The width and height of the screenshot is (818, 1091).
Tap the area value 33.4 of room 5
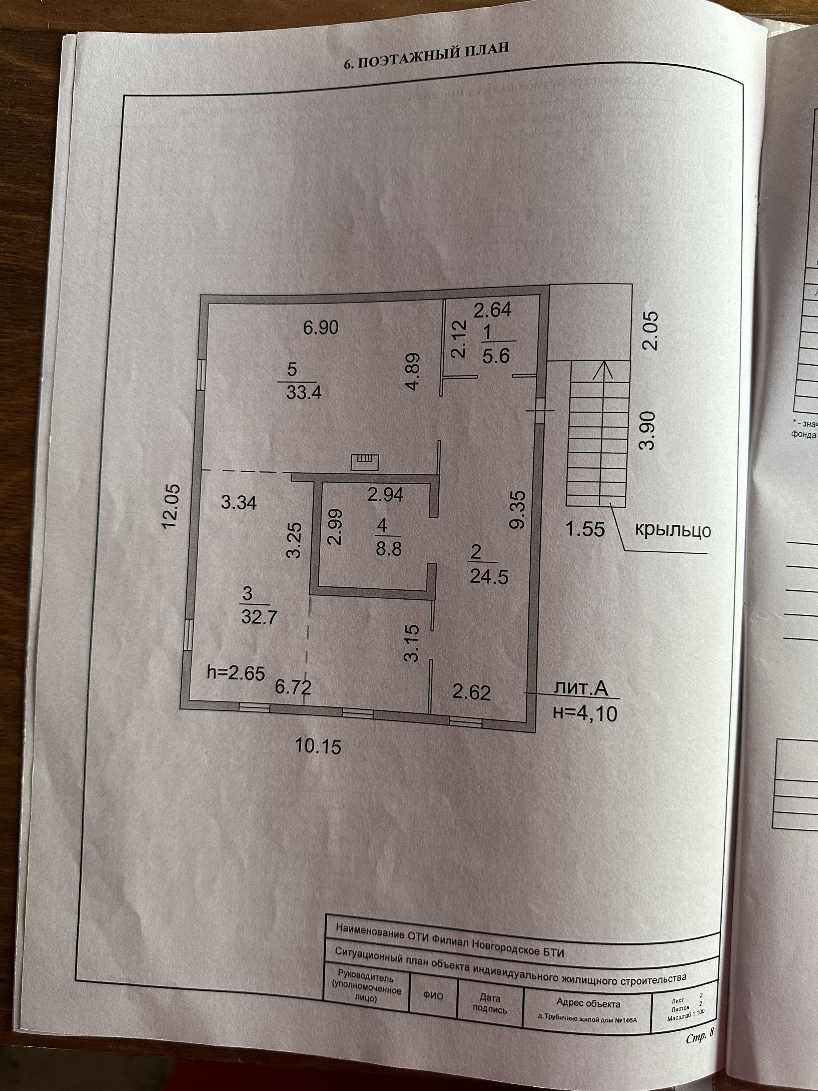[303, 393]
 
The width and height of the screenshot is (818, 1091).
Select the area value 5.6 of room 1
[495, 356]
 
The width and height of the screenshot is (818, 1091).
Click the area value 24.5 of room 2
[489, 577]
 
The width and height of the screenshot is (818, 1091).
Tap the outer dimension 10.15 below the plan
[318, 746]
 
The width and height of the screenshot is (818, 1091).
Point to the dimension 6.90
[320, 327]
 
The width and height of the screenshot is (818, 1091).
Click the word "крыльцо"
[671, 530]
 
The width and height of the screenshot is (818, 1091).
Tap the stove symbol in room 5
[364, 461]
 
